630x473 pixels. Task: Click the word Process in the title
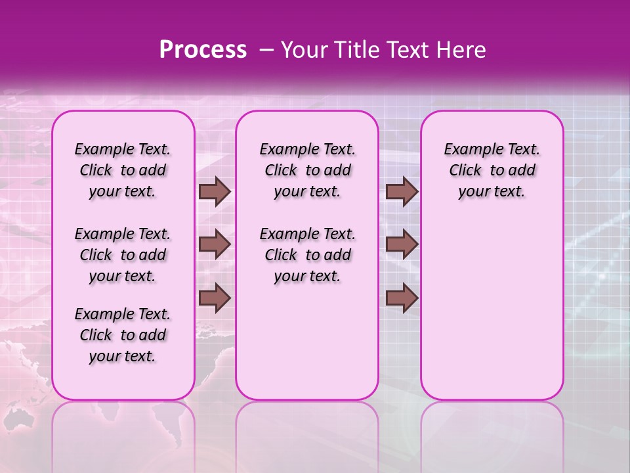coord(203,50)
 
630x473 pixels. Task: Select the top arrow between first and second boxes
coord(215,192)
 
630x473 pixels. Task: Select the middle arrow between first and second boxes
coord(215,245)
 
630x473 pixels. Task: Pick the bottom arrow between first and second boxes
coord(215,298)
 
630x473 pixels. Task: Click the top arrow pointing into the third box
coord(402,192)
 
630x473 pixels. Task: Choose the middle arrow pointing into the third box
coord(402,245)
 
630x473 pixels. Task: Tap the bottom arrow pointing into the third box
coord(402,298)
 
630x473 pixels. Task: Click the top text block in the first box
coord(123,170)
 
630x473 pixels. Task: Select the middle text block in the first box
coord(123,255)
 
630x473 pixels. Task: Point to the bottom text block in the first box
coord(123,335)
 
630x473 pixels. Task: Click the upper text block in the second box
coord(307,170)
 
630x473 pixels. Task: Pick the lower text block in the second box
coord(307,255)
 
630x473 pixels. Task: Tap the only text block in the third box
coord(492,170)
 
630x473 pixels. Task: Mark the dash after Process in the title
coord(266,50)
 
